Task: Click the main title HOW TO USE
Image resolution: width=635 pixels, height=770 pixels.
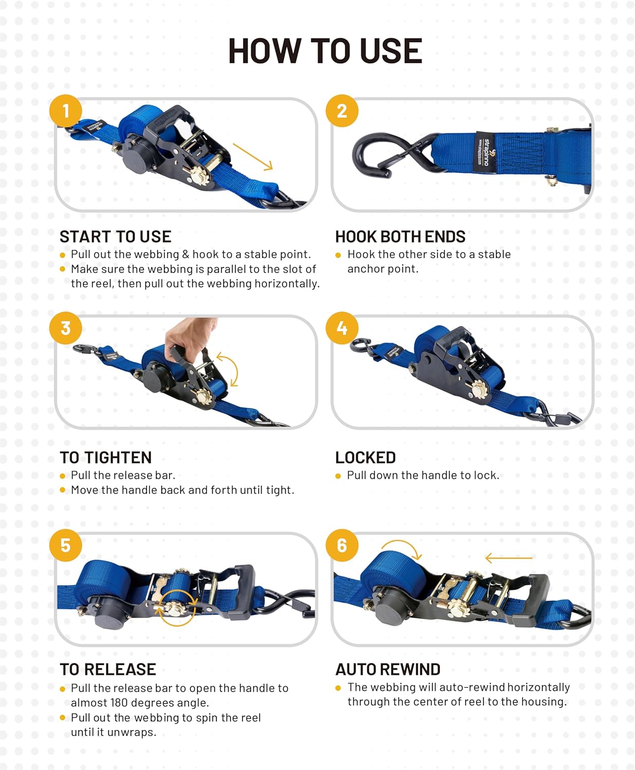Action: [325, 51]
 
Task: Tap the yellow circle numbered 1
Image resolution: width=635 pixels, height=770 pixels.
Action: [66, 111]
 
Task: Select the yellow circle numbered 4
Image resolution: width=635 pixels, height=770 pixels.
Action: [342, 328]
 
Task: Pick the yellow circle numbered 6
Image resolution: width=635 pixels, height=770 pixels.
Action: [342, 545]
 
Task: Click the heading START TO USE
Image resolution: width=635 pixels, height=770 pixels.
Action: [116, 237]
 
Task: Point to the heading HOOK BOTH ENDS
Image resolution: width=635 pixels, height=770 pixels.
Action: [400, 237]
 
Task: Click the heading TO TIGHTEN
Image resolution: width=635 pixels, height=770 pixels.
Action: [106, 457]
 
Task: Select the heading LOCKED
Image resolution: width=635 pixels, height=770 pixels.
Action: [365, 457]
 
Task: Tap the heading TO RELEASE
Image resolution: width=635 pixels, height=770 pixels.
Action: [108, 669]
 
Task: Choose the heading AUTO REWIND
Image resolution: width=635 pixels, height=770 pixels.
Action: [388, 669]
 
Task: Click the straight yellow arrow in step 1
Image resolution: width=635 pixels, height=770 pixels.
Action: [253, 157]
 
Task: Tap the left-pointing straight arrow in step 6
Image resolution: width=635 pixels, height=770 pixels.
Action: [509, 557]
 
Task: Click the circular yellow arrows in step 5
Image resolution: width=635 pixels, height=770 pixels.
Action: [176, 607]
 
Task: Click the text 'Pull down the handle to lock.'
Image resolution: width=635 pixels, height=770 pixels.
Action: [423, 475]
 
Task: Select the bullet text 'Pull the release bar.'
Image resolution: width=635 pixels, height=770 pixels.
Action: [123, 475]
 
